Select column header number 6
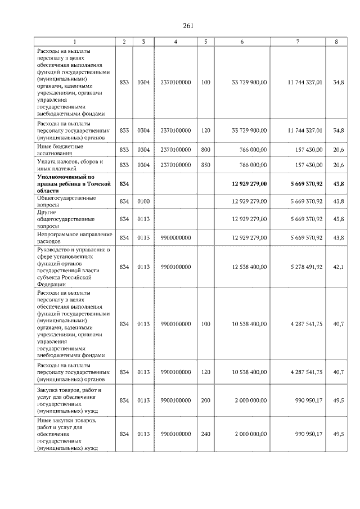point(242,42)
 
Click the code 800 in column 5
point(205,149)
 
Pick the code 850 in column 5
point(205,165)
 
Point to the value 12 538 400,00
point(249,267)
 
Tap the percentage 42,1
point(338,267)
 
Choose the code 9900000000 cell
point(175,238)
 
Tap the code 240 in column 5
point(205,434)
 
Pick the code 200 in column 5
point(205,400)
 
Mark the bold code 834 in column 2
point(124,183)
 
